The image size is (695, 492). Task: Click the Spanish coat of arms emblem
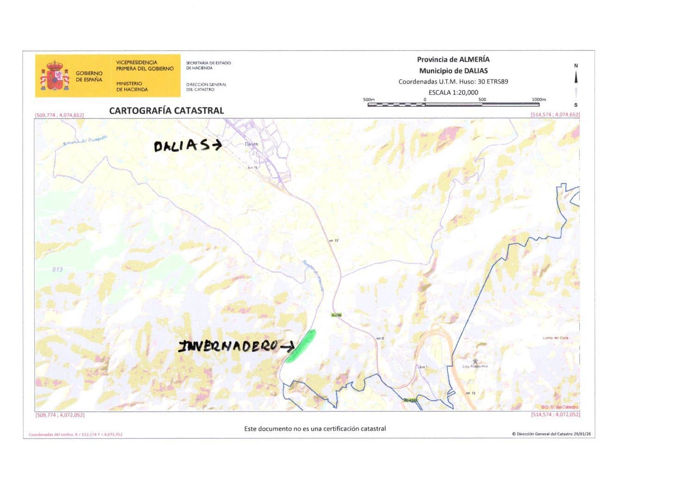[x=55, y=76]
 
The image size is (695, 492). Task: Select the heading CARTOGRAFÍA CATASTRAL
[x=166, y=110]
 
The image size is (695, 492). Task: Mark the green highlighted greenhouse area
[x=301, y=346]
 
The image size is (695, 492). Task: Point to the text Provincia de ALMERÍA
[x=453, y=59]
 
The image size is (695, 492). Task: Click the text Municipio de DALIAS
[x=453, y=70]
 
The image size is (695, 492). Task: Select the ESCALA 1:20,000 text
[x=453, y=92]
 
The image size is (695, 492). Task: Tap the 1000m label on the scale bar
[x=538, y=99]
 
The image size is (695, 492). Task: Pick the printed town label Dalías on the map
[x=251, y=144]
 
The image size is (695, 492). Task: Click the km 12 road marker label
[x=334, y=241]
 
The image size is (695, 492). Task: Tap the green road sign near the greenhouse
[x=336, y=315]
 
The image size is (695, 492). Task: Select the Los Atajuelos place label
[x=475, y=366]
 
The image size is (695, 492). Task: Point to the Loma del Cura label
[x=556, y=338]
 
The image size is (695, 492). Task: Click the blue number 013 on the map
[x=57, y=269]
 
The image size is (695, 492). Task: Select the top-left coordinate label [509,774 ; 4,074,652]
[x=59, y=115]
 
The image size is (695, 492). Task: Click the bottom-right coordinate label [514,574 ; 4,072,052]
[x=555, y=415]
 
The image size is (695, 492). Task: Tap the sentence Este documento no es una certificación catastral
[x=315, y=428]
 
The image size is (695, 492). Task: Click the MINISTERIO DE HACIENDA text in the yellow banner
[x=132, y=86]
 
